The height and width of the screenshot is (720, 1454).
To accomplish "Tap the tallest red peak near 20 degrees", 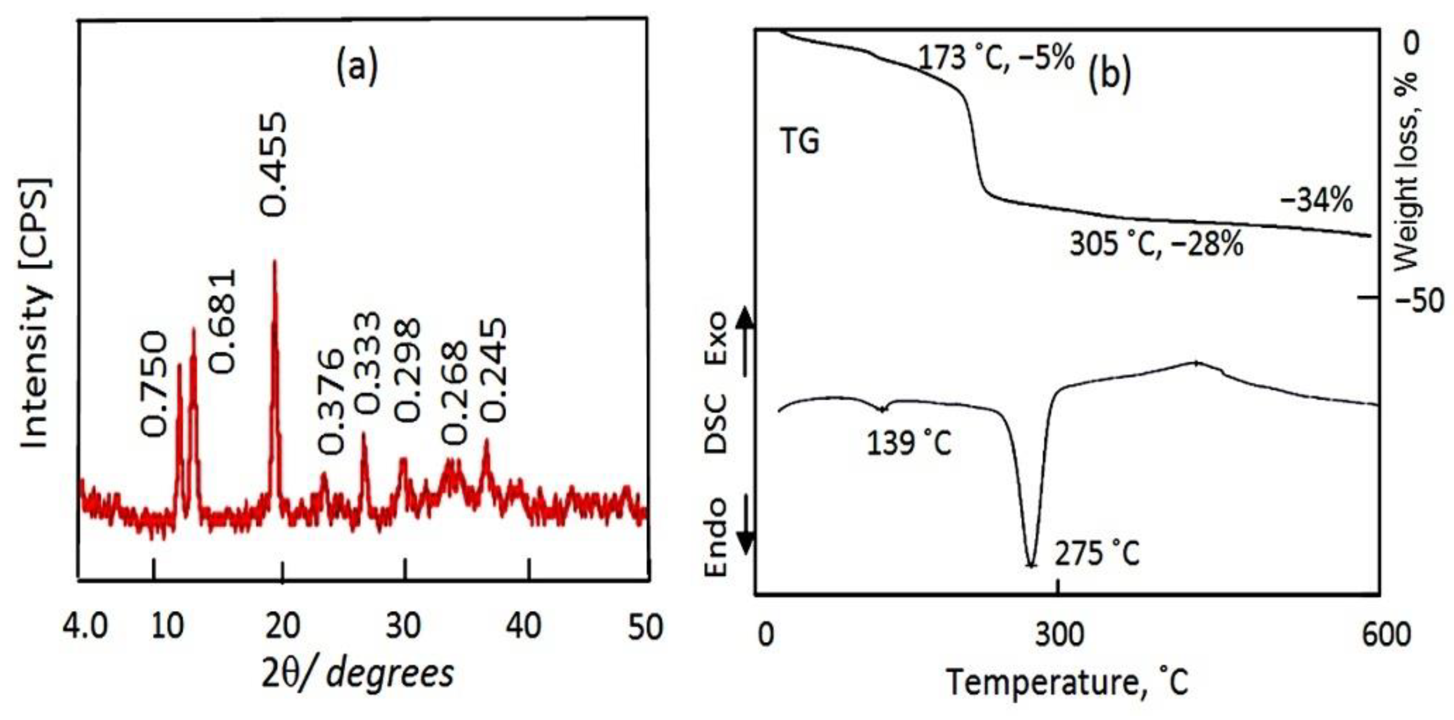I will pyautogui.click(x=275, y=263).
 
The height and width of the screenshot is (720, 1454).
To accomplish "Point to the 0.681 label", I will pyautogui.click(x=223, y=322).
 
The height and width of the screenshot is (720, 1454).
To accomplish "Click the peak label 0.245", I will pyautogui.click(x=494, y=370).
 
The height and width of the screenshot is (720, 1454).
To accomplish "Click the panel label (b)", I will pyautogui.click(x=1109, y=73).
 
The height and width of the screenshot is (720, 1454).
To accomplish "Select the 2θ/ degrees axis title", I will pyautogui.click(x=358, y=673).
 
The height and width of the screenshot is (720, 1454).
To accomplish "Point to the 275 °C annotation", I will pyautogui.click(x=1097, y=554).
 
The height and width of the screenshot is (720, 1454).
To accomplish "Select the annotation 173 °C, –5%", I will pyautogui.click(x=996, y=57).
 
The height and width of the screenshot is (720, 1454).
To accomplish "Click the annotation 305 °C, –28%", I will pyautogui.click(x=1156, y=245).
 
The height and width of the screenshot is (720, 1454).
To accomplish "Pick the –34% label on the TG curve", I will pyautogui.click(x=1316, y=201).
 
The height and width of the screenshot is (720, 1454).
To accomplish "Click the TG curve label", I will pyautogui.click(x=799, y=141).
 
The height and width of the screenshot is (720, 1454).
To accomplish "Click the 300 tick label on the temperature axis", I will pyautogui.click(x=1059, y=634).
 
